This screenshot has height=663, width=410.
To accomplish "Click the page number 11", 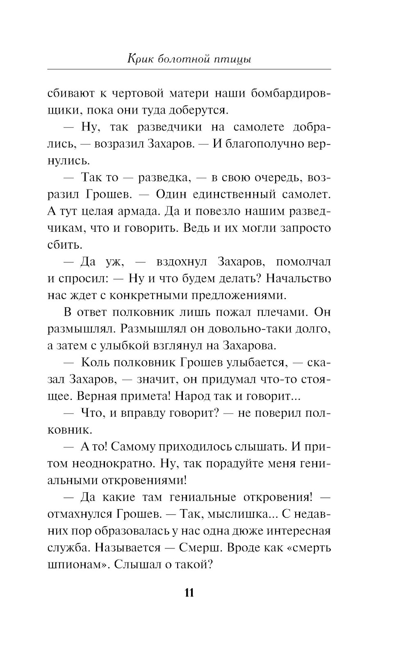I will tap(189, 593).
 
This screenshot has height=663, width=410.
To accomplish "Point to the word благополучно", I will tap(269, 144).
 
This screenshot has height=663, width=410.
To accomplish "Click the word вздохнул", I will tap(182, 262).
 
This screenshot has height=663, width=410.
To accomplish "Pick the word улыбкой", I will tap(124, 346).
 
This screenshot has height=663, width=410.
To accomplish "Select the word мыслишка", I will tap(240, 514).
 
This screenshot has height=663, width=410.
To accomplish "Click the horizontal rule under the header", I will tap(189, 69).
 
